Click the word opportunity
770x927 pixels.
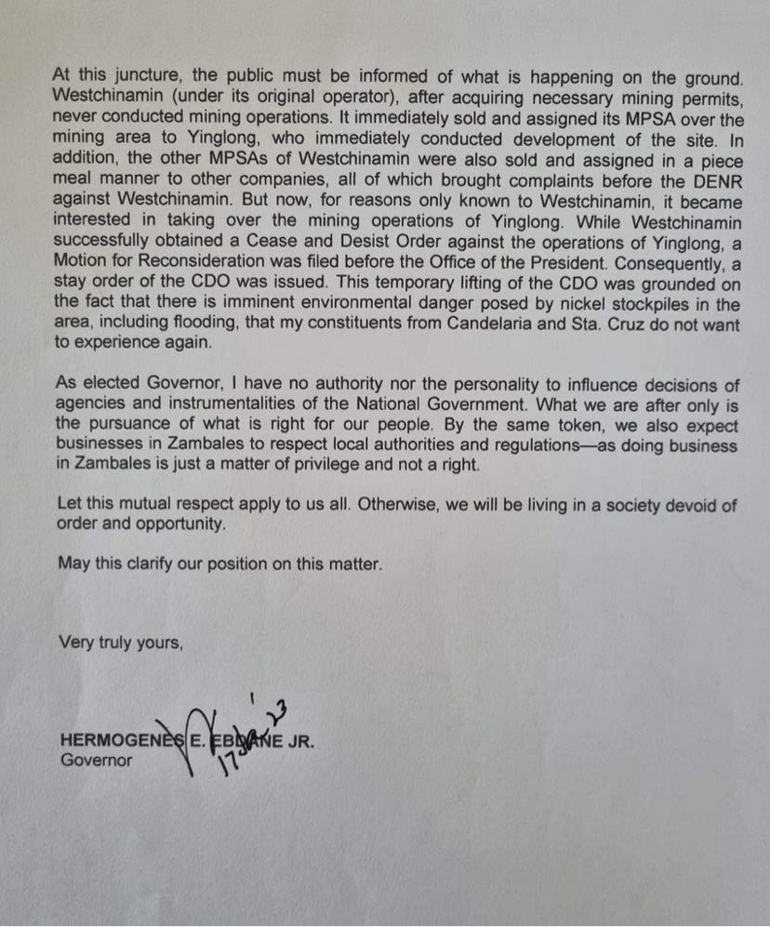point(179,524)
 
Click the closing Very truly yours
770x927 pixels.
point(120,641)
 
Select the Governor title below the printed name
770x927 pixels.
point(96,760)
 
